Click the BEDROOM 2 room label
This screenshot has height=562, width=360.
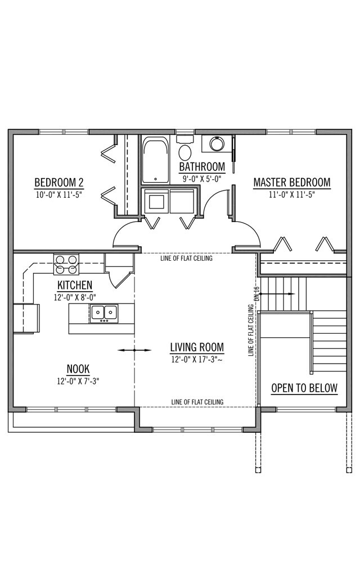pos(59,183)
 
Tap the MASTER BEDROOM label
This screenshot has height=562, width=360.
pos(291,183)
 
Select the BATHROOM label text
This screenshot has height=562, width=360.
pos(202,167)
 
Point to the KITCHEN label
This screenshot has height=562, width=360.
pos(75,285)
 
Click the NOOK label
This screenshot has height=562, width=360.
pos(78,369)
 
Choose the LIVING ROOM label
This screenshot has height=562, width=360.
pos(197,347)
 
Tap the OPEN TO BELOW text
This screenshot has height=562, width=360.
pos(304,388)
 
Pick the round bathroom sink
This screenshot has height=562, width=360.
pos(217,144)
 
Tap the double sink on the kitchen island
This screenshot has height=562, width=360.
pos(103,313)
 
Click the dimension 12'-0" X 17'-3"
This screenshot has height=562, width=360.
pos(197,359)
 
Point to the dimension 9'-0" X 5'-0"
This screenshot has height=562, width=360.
pos(202,179)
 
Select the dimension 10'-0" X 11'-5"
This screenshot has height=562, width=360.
pos(59,194)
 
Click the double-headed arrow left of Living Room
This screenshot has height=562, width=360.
pos(134,350)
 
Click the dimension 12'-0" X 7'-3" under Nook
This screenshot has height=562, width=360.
pos(78,381)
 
